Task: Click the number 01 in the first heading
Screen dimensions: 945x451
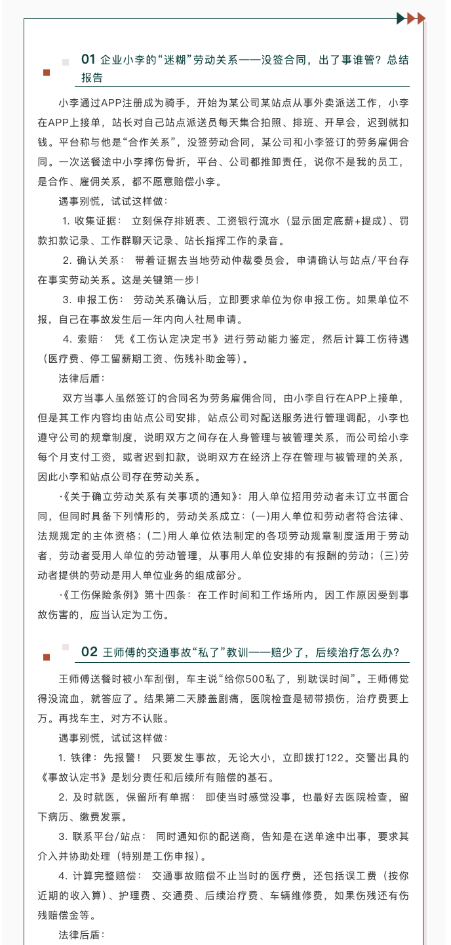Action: pyautogui.click(x=88, y=60)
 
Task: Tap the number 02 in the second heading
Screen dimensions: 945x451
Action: pyautogui.click(x=90, y=652)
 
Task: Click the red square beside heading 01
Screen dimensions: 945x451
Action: pyautogui.click(x=47, y=72)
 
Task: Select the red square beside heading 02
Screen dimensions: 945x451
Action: pyautogui.click(x=47, y=657)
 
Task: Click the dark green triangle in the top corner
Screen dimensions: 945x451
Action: pyautogui.click(x=401, y=18)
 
